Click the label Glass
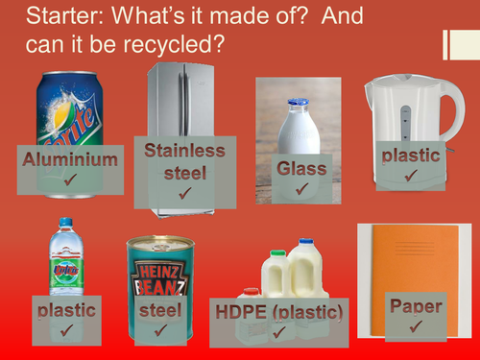point(301,169)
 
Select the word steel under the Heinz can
point(159,310)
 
